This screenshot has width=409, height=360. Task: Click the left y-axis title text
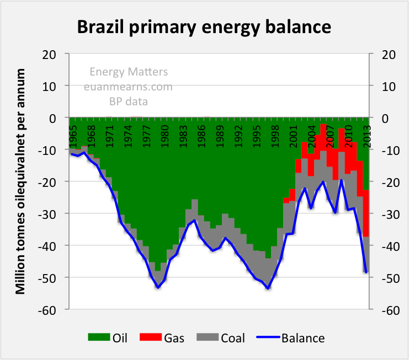[x=20, y=181]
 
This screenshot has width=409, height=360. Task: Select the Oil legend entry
[x=108, y=337]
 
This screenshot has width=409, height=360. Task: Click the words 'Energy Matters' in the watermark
[x=129, y=72]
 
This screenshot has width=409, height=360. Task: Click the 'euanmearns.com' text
[x=128, y=87]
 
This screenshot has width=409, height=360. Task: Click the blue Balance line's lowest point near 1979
[x=158, y=287]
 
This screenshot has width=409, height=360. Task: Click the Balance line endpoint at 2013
[x=365, y=272]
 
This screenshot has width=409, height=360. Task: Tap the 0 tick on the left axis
[x=54, y=118]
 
